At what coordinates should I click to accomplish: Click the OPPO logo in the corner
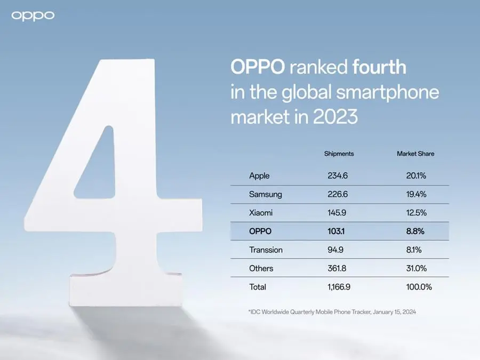(x=33, y=16)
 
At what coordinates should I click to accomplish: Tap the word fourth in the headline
(x=379, y=67)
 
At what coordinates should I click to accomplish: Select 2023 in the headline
(x=335, y=117)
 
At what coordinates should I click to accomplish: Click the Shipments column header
(x=339, y=154)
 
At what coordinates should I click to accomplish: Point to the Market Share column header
(x=415, y=154)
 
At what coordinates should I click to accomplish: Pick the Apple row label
(x=259, y=175)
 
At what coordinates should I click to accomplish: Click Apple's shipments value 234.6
(x=338, y=175)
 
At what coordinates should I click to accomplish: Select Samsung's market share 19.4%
(x=416, y=194)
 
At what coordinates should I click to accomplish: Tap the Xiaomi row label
(x=261, y=212)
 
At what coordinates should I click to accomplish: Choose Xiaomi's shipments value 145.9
(x=337, y=212)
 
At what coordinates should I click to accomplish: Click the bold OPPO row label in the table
(x=260, y=231)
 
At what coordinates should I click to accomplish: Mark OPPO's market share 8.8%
(x=415, y=231)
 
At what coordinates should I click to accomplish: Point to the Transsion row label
(x=266, y=250)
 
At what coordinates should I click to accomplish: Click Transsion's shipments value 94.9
(x=335, y=250)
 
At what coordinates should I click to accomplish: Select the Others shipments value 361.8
(x=337, y=268)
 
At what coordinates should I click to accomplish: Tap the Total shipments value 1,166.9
(x=339, y=287)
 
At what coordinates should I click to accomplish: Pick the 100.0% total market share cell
(x=419, y=287)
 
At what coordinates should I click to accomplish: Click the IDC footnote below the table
(x=332, y=312)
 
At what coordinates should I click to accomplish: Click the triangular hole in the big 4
(x=99, y=171)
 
